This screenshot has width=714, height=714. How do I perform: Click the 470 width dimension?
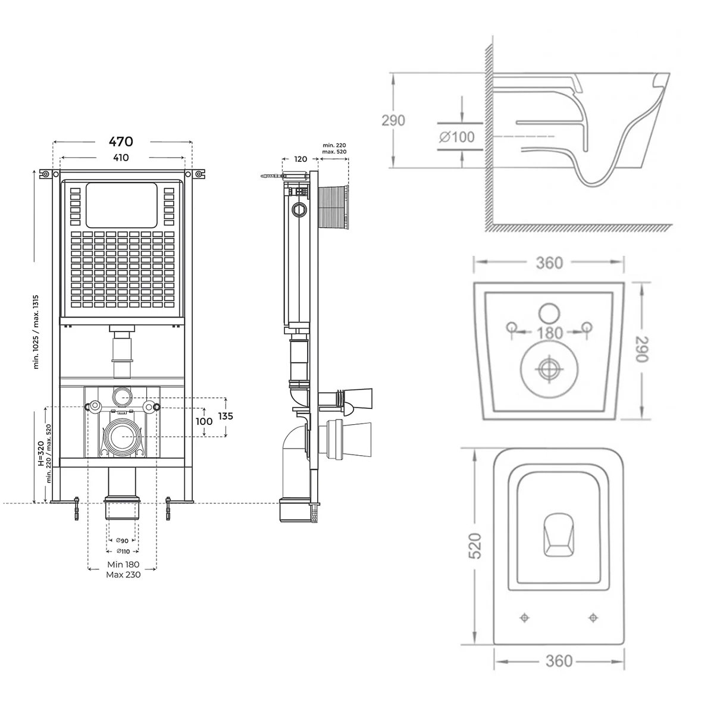[120, 142]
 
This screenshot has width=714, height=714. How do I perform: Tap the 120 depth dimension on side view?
[301, 159]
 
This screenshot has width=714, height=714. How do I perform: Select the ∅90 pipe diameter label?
[122, 540]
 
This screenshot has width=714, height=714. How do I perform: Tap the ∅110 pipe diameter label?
[122, 552]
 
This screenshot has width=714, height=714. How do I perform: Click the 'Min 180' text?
[123, 564]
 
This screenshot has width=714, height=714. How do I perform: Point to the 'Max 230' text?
[123, 575]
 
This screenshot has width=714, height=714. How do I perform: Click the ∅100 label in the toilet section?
[457, 137]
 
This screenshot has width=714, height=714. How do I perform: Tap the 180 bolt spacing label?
[549, 333]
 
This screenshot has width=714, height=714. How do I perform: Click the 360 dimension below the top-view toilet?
[559, 660]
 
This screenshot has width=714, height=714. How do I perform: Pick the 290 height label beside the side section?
[393, 120]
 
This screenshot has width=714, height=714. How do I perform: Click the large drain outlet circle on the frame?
[123, 436]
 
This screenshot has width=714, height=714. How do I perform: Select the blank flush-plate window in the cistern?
[122, 205]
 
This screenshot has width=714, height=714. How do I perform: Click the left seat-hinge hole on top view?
[524, 618]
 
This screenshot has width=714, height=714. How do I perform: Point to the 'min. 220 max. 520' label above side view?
[334, 149]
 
